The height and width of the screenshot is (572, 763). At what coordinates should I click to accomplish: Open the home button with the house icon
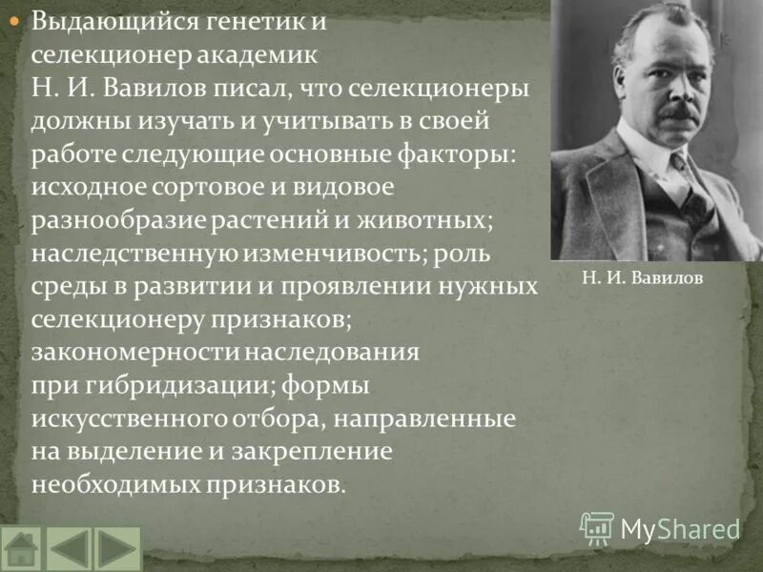coord(22,549)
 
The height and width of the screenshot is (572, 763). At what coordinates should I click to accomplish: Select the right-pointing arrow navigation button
coord(117,549)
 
